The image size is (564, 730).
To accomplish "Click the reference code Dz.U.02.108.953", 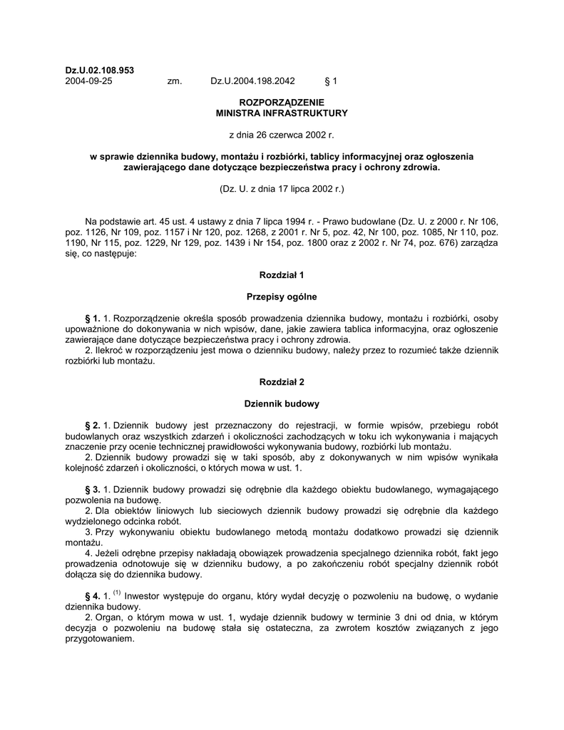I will tap(99, 70).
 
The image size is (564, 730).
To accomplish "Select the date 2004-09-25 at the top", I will tap(88, 81).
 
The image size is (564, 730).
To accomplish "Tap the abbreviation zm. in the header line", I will tap(175, 81).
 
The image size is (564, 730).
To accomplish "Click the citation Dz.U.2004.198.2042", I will tap(252, 81).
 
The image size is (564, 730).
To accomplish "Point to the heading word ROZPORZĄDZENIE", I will tap(282, 103).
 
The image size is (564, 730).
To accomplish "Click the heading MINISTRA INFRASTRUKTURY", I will tap(282, 113).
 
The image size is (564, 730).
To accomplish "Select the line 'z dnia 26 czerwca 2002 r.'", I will tap(282, 134).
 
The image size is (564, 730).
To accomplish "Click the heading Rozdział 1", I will tap(282, 274).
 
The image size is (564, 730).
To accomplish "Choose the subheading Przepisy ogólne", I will tap(282, 296).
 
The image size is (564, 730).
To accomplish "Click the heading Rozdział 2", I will tap(282, 381).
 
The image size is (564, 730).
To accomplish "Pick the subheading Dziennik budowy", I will tap(282, 403).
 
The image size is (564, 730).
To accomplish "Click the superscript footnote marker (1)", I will tap(118, 593).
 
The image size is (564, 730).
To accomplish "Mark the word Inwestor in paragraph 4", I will tap(145, 597).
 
